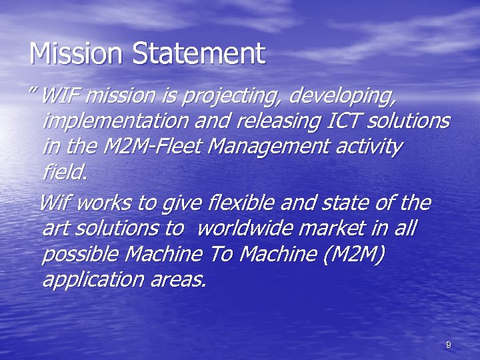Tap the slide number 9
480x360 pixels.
[448, 345]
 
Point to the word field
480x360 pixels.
[64, 171]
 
